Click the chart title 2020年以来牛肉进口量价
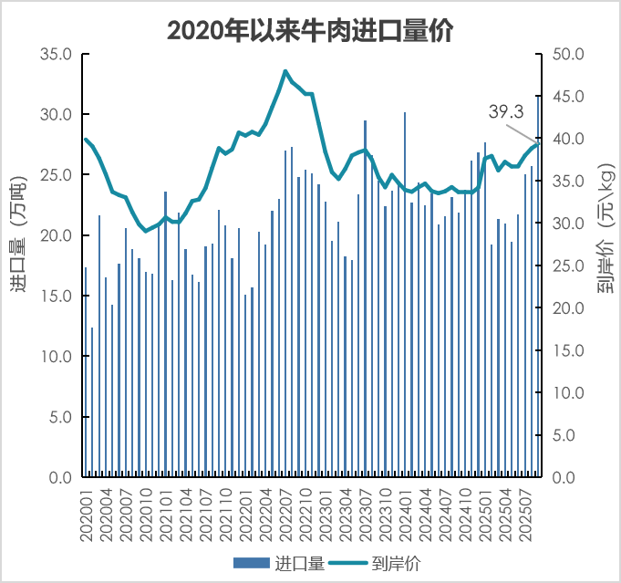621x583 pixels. point(310,31)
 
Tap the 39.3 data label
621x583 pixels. point(505,112)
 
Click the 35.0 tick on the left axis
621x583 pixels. point(57,55)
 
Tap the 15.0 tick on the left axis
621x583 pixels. point(57,297)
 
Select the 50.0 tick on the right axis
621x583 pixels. point(568,55)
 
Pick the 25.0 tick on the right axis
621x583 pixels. point(568,266)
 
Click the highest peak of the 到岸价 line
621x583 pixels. point(285,71)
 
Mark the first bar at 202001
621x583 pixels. point(86,372)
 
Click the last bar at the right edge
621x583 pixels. point(539,287)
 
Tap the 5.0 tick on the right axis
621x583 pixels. point(568,435)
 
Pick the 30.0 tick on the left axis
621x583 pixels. point(57,115)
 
